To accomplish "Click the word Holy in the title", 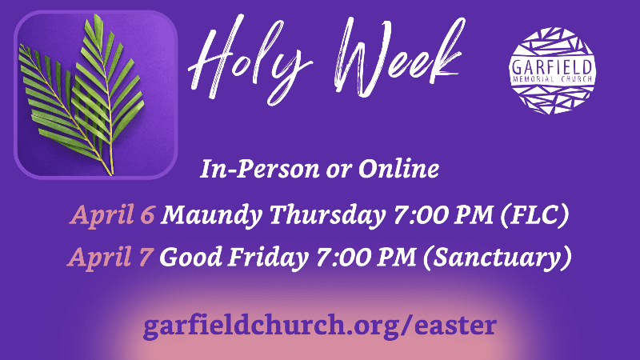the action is pyautogui.click(x=249, y=61).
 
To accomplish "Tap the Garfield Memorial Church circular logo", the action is pyautogui.click(x=552, y=70).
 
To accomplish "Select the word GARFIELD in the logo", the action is pyautogui.click(x=552, y=67).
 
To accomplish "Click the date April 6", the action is pyautogui.click(x=112, y=215).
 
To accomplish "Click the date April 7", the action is pyautogui.click(x=110, y=258).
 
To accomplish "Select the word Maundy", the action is pyautogui.click(x=211, y=216).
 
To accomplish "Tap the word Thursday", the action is pyautogui.click(x=327, y=216).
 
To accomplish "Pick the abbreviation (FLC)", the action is pyautogui.click(x=534, y=215).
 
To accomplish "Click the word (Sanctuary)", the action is pyautogui.click(x=497, y=258).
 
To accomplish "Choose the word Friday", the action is pyautogui.click(x=268, y=258).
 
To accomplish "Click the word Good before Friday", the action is pyautogui.click(x=191, y=257).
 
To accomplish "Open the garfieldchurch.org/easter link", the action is pyautogui.click(x=320, y=326).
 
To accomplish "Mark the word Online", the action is pyautogui.click(x=398, y=169).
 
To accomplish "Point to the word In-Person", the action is pyautogui.click(x=259, y=169).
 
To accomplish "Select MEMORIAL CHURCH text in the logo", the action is pyautogui.click(x=552, y=79).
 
